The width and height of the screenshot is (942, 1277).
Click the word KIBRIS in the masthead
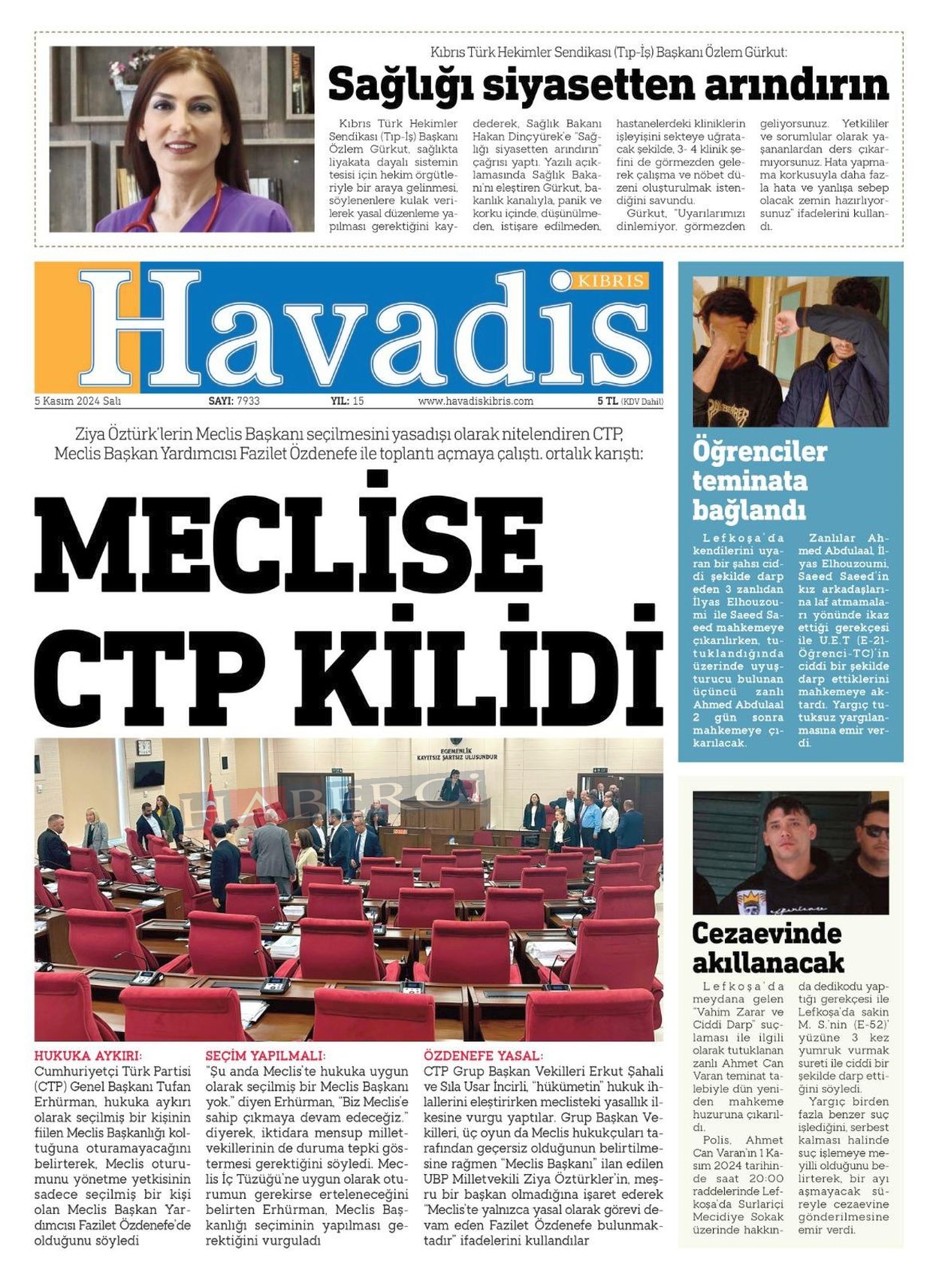point(611,281)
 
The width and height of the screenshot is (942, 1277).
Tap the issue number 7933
point(248,401)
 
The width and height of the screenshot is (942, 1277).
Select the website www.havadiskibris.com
point(476,401)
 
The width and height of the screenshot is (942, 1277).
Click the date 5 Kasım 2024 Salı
point(77,401)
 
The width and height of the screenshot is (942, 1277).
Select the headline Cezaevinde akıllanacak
point(767,947)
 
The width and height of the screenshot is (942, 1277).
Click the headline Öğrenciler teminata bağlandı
point(759,481)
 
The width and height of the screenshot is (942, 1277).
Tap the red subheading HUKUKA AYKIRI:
point(88,1056)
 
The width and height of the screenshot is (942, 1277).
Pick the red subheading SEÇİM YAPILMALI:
point(265,1056)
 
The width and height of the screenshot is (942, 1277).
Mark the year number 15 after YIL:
point(358,401)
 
